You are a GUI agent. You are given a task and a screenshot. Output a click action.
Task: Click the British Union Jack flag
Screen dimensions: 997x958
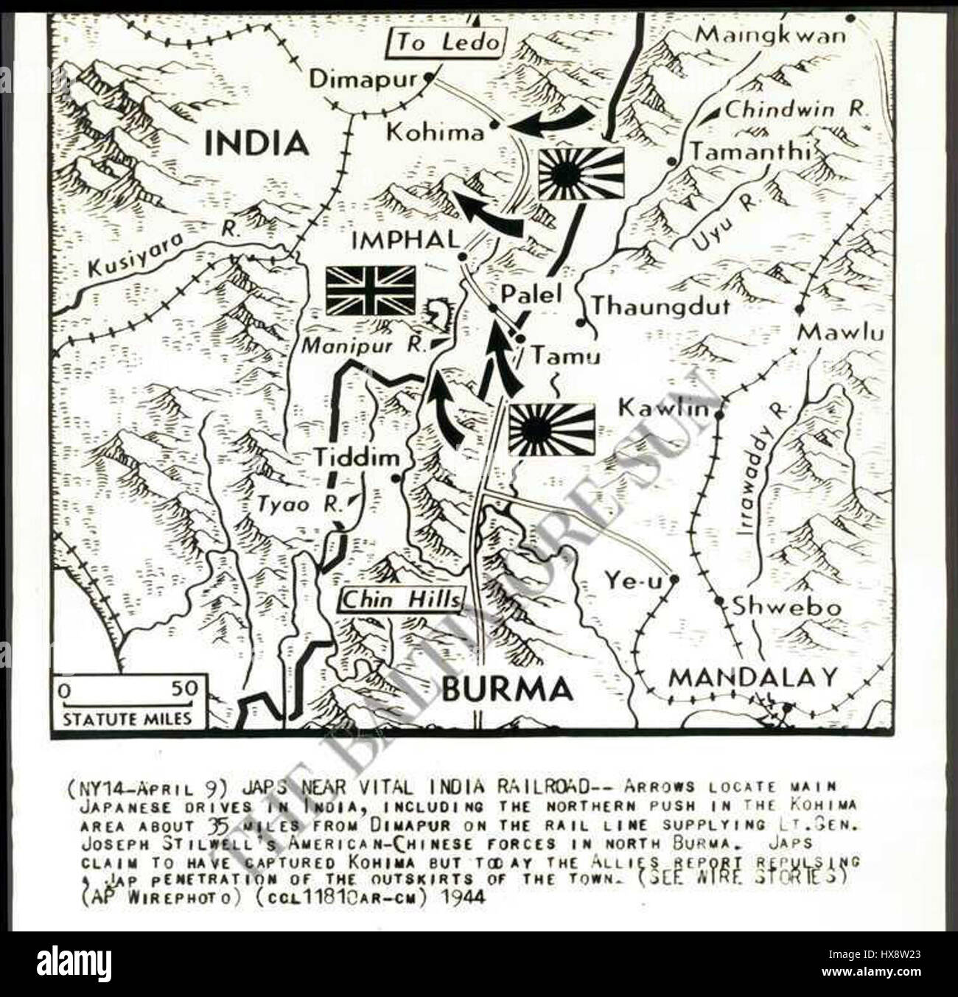tap(371, 290)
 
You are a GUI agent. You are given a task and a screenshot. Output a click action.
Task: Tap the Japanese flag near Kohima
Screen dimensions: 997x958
tap(581, 173)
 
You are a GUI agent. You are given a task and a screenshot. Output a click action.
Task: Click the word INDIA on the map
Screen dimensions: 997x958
tap(256, 143)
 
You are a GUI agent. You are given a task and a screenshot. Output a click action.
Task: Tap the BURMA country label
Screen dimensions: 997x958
tap(507, 690)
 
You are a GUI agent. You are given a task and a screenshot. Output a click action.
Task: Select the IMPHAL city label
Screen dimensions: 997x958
tap(405, 239)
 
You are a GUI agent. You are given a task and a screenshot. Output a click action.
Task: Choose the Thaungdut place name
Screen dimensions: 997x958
tap(661, 305)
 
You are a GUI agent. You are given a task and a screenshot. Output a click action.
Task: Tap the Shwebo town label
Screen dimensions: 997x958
tap(786, 607)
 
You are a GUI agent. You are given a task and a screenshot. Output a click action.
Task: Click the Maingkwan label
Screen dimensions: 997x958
tap(771, 35)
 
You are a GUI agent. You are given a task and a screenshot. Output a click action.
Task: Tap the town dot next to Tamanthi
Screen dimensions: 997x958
tap(671, 160)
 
